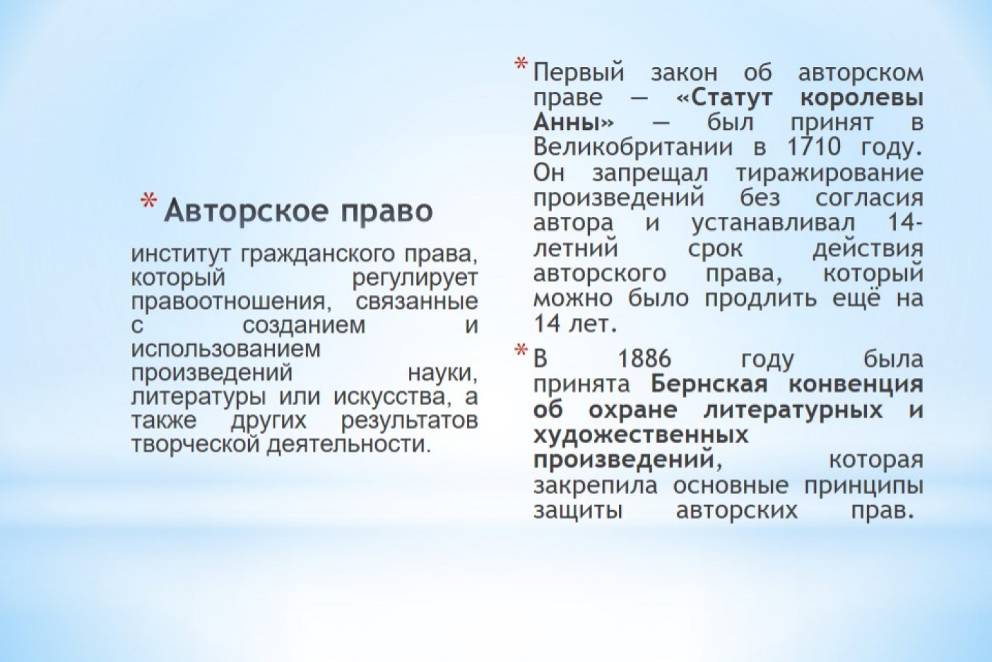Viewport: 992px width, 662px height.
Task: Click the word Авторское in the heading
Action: (x=247, y=211)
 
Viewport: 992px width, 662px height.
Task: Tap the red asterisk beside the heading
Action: (x=149, y=201)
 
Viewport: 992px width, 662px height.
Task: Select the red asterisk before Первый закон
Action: (x=521, y=65)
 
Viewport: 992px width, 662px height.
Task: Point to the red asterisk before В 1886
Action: (x=521, y=350)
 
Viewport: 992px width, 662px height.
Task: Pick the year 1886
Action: (x=644, y=358)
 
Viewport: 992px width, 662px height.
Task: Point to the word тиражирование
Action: (x=829, y=173)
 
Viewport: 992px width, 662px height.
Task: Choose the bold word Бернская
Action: (x=709, y=384)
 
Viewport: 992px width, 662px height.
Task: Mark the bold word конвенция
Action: (x=856, y=384)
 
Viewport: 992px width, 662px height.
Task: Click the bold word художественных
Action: (x=641, y=435)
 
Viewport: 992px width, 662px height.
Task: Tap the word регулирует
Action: (x=415, y=279)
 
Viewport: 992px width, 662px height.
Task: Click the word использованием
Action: (x=226, y=350)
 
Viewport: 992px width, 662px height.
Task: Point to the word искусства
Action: (x=396, y=396)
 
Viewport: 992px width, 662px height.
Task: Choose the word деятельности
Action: (x=348, y=444)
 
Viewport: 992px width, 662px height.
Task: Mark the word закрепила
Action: (x=595, y=486)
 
